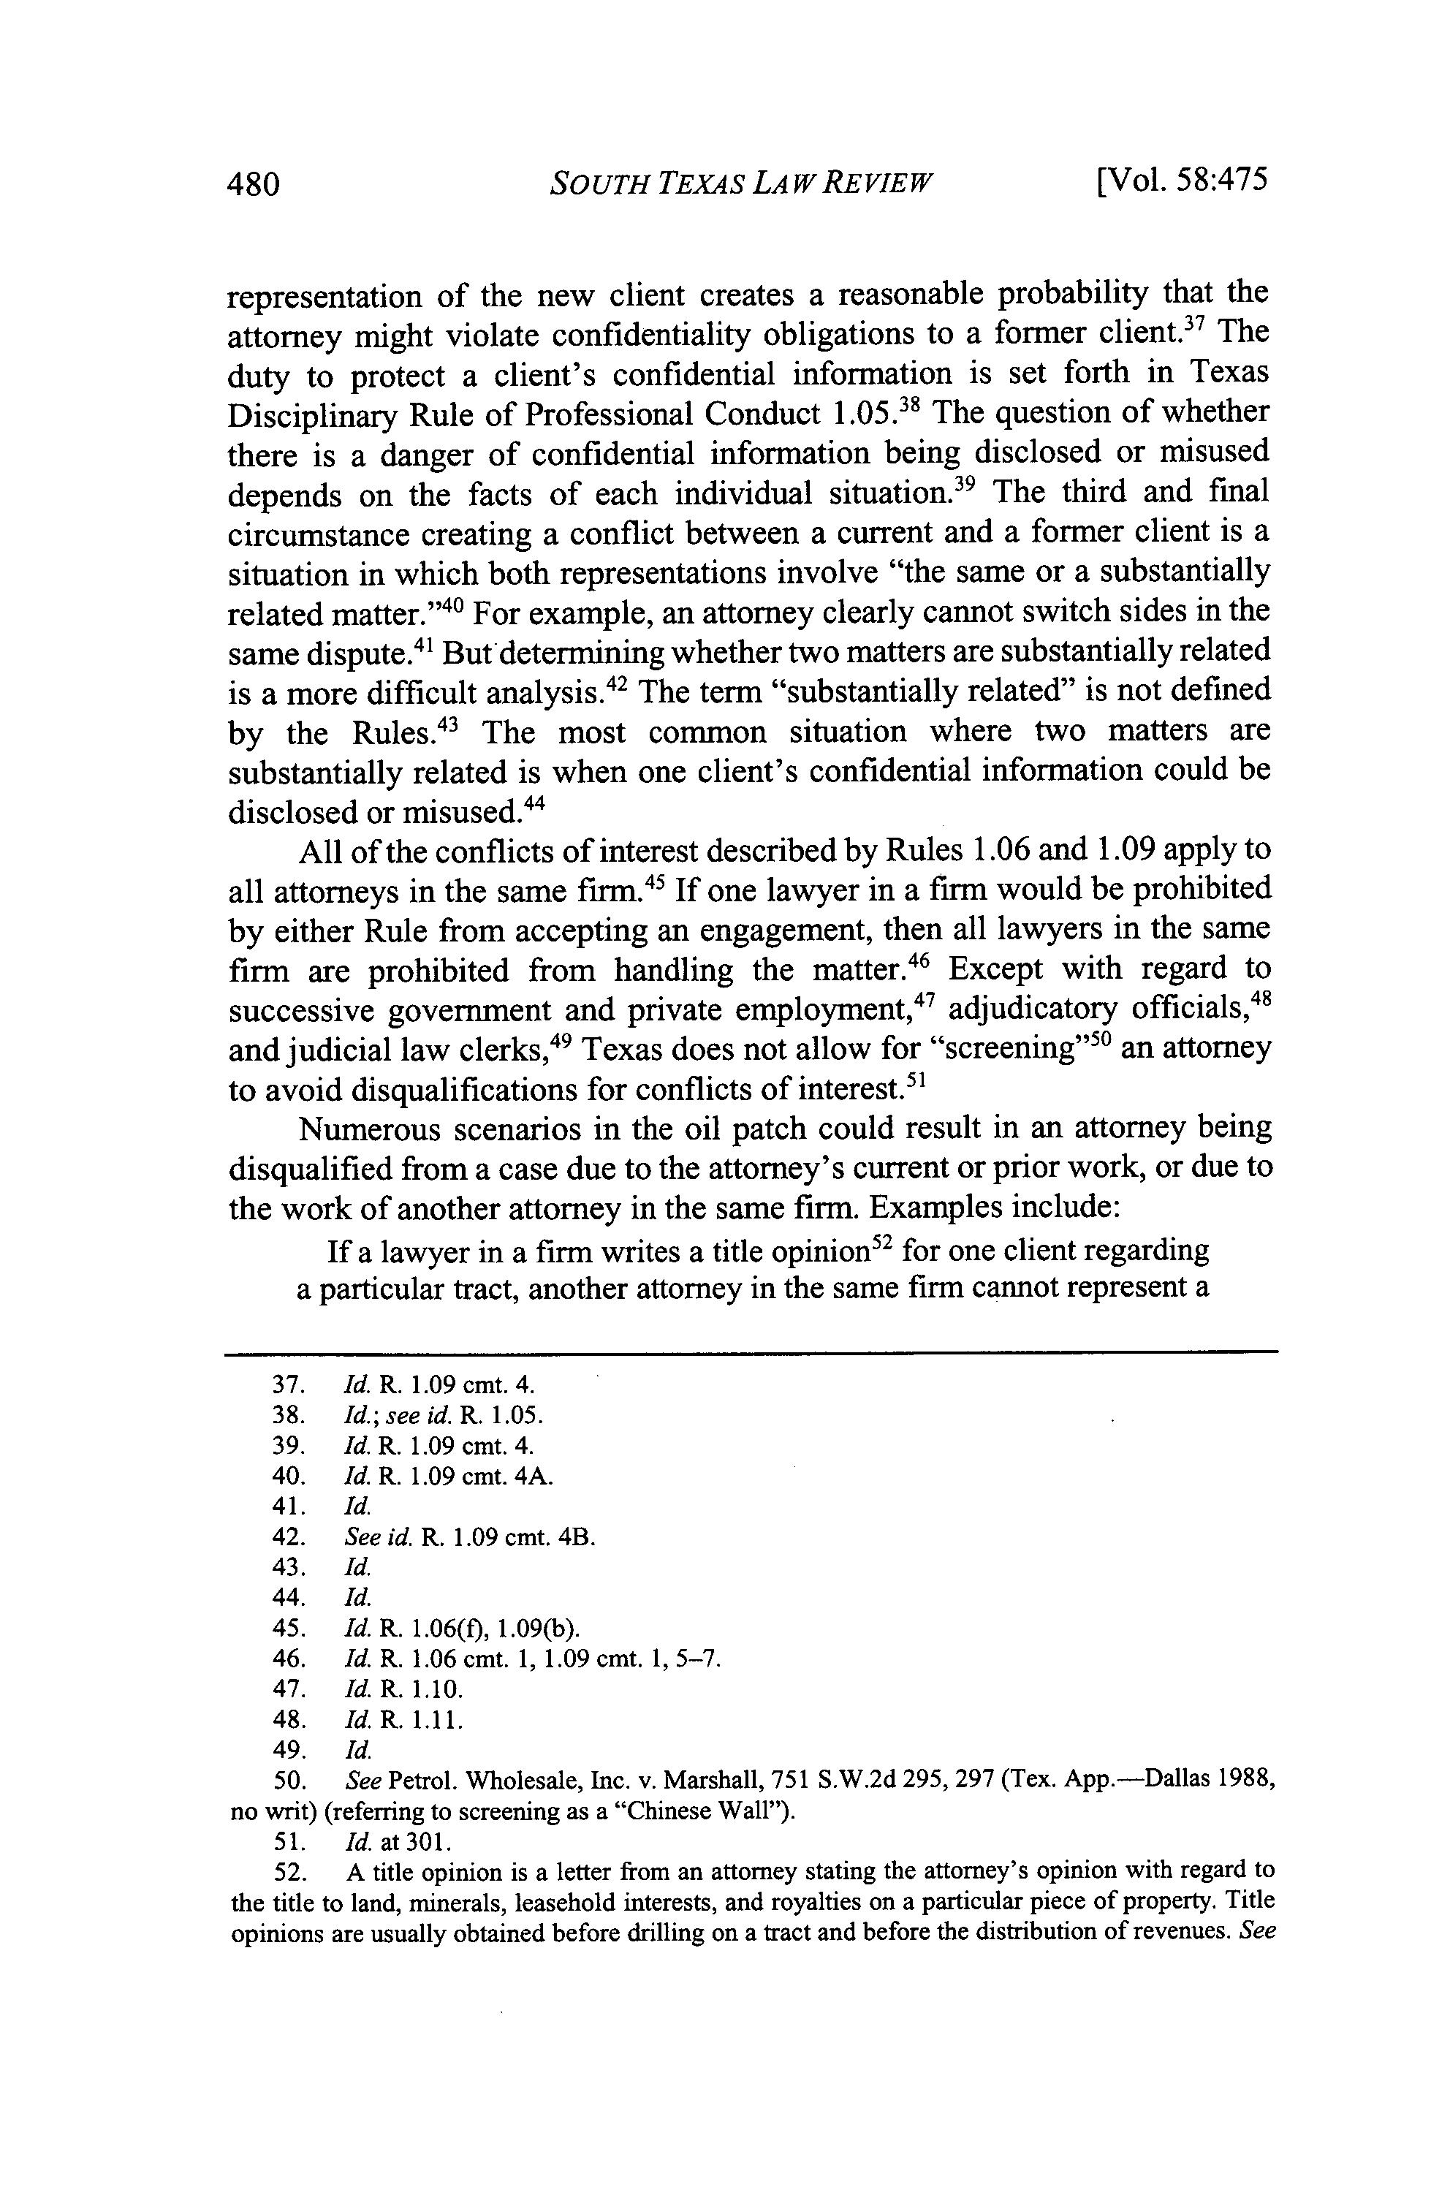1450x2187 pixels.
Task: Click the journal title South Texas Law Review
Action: tap(741, 181)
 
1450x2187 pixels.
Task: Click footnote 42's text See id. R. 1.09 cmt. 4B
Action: tap(470, 1537)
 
